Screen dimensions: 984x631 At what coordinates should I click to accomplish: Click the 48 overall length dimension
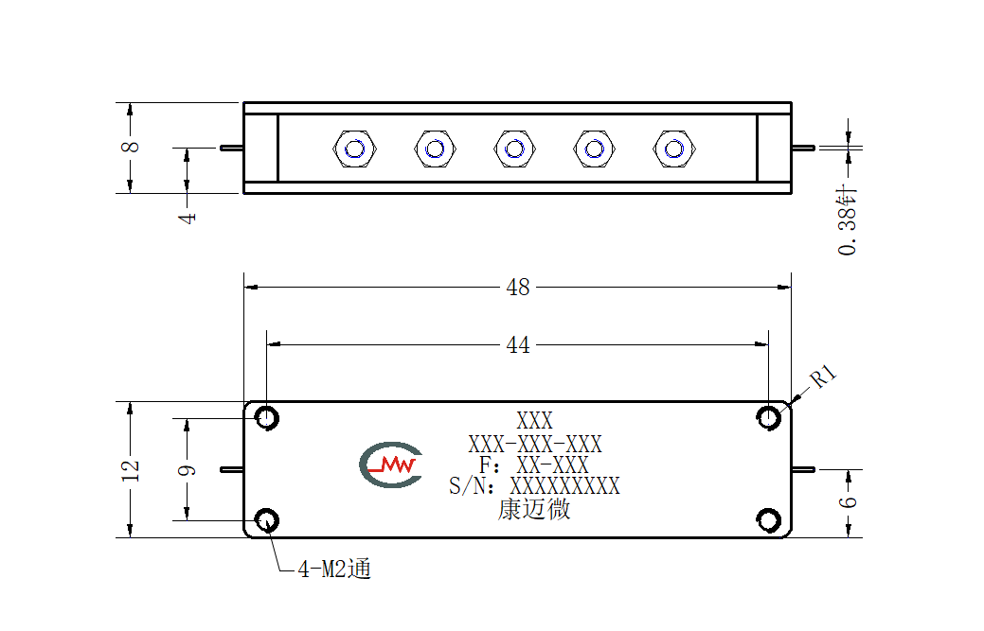click(x=518, y=288)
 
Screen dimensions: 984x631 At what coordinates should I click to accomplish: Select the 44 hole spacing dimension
click(x=518, y=345)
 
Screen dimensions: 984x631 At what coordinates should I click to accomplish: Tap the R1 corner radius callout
click(x=823, y=377)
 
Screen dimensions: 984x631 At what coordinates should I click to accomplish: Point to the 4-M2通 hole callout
click(x=334, y=569)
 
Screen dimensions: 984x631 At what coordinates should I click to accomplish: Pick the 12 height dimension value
click(x=131, y=470)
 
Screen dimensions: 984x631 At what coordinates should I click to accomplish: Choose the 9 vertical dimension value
click(x=187, y=470)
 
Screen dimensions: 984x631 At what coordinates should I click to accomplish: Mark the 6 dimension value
click(x=848, y=502)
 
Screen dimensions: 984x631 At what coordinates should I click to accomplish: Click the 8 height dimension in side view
click(x=130, y=147)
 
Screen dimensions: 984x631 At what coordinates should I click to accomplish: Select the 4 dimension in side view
click(x=187, y=218)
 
